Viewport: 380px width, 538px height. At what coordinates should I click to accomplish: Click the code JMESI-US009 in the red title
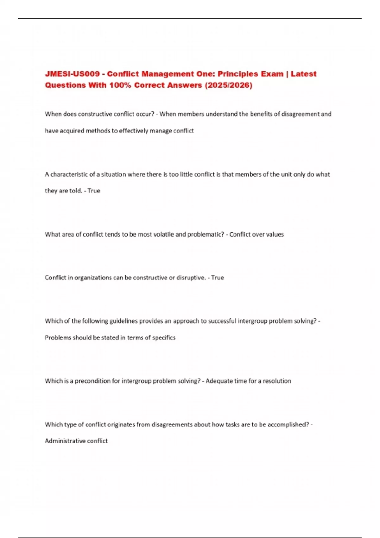[x=72, y=74]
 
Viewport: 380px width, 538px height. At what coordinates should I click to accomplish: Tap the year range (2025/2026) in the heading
[x=229, y=85]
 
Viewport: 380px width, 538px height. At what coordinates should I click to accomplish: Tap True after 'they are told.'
[x=94, y=191]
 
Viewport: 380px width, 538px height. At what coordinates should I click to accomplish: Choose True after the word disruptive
[x=218, y=278]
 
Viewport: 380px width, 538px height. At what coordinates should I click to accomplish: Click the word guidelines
[x=123, y=321]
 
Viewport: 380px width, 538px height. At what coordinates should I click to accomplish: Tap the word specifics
[x=164, y=338]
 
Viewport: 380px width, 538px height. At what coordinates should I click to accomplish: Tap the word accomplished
[x=288, y=425]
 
